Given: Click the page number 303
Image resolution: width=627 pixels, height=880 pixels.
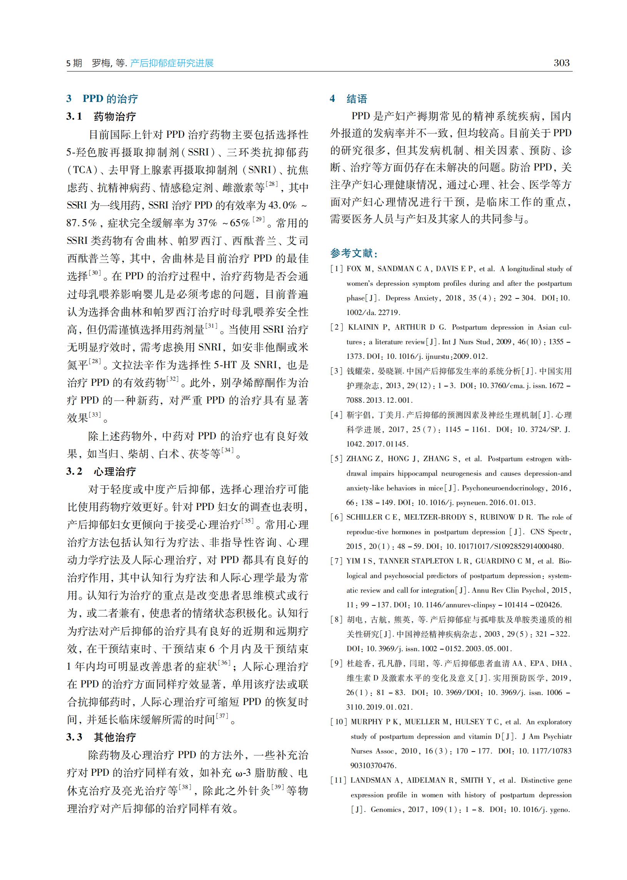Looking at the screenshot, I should tap(561, 63).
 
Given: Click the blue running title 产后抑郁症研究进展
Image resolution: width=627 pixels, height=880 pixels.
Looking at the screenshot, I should tap(172, 63).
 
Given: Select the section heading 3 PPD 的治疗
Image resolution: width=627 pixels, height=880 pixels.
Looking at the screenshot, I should tap(102, 99).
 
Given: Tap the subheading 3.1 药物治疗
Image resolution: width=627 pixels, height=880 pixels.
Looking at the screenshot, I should tap(101, 117).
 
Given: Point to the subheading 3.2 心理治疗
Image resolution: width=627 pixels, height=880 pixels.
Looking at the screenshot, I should tap(101, 471).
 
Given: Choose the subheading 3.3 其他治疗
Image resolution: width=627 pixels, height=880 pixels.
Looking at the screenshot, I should tap(101, 737).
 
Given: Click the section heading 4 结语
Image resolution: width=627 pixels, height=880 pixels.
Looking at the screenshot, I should tap(348, 99).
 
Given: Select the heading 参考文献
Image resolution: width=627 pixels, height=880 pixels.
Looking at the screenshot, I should tap(354, 253).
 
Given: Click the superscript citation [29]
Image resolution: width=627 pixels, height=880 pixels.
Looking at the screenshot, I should tap(258, 220).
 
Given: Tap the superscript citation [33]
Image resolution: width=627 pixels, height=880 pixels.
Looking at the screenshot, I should tap(95, 415).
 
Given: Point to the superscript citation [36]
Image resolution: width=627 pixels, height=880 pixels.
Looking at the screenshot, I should tap(224, 663).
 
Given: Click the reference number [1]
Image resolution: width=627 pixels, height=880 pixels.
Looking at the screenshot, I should tap(336, 269).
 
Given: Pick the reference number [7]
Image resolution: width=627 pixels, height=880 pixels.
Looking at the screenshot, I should tap(336, 561).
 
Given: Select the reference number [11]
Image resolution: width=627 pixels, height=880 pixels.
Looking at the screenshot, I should tap(338, 780).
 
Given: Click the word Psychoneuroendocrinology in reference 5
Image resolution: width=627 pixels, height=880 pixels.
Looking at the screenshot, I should tap(504, 488).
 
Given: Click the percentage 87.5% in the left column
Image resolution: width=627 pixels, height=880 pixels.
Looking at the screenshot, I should tap(82, 223).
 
